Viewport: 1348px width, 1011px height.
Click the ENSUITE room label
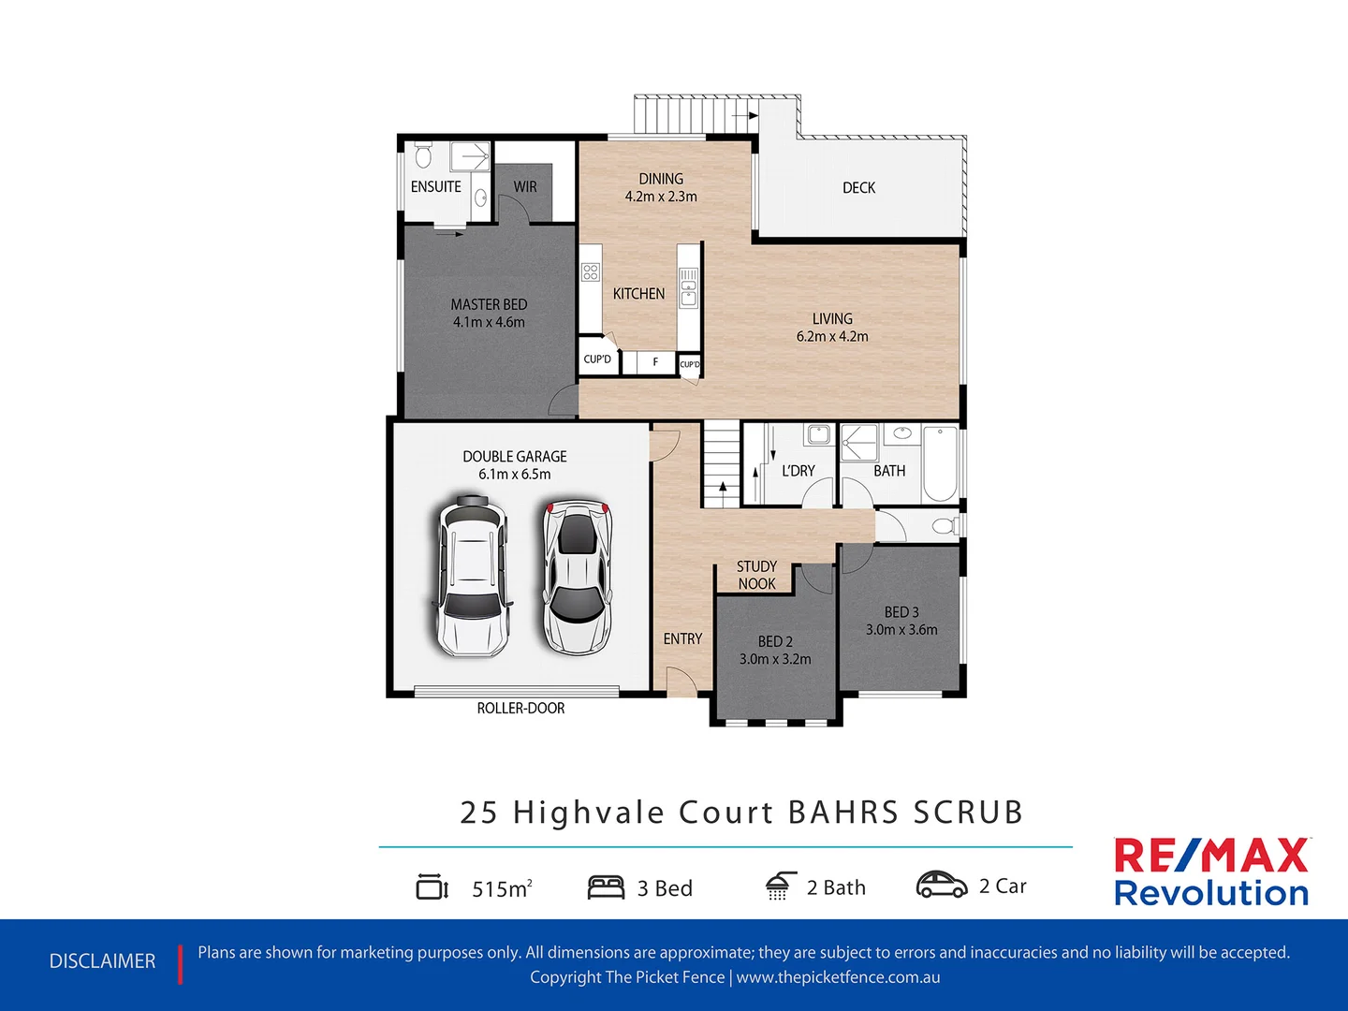tap(435, 187)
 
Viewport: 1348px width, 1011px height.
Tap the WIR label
tap(525, 187)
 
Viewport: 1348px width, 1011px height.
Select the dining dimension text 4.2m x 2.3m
tap(661, 197)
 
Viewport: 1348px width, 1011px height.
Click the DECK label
tap(858, 188)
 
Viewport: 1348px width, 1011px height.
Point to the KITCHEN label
tap(638, 294)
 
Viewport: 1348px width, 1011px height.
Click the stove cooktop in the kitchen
tap(590, 272)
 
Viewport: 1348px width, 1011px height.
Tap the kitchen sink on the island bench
tap(689, 287)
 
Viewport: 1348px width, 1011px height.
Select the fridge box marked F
tap(655, 362)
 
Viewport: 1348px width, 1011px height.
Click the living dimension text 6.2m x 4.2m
tap(832, 337)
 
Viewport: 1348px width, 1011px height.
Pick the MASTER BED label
tap(489, 304)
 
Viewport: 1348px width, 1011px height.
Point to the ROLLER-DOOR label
tap(520, 709)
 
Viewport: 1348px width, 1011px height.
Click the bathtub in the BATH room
tap(939, 464)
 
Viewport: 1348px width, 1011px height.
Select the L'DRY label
tap(798, 471)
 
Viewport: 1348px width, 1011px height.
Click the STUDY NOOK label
tap(756, 575)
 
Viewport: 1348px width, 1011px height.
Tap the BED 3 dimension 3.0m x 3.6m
tap(901, 630)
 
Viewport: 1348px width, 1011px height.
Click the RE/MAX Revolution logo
tap(1211, 872)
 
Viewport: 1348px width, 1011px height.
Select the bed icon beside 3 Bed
tap(606, 887)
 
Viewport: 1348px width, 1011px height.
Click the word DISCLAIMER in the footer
tap(102, 961)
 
